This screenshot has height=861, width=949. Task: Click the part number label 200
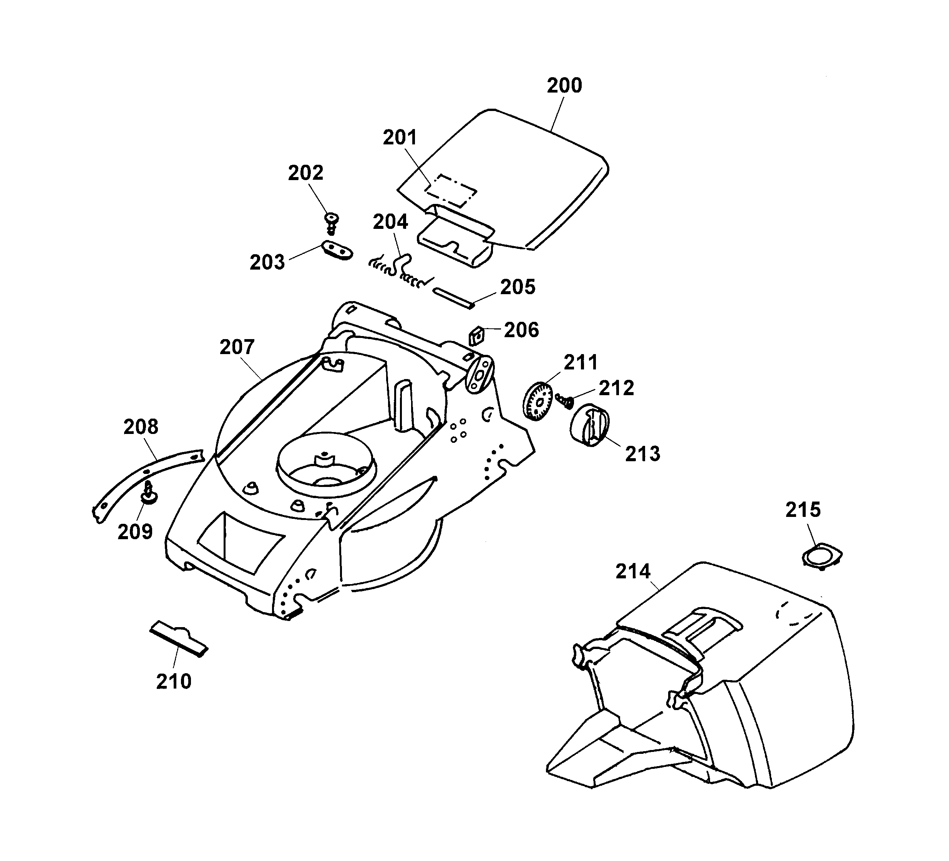tap(564, 86)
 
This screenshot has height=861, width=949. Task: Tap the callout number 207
tap(237, 347)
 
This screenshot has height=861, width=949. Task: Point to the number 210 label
tap(174, 681)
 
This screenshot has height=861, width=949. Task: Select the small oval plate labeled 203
tap(337, 250)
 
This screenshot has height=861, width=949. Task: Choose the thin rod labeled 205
tap(452, 298)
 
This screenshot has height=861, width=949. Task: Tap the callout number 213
tap(642, 454)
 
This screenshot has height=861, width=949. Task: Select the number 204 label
tap(390, 222)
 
